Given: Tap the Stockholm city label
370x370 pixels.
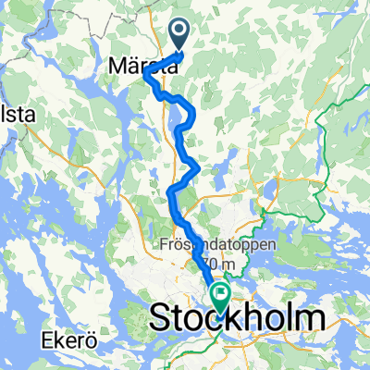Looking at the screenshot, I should coord(237,318).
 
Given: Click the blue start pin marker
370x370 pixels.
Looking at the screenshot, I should coord(181,35).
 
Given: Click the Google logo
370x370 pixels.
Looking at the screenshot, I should coord(29,360).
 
